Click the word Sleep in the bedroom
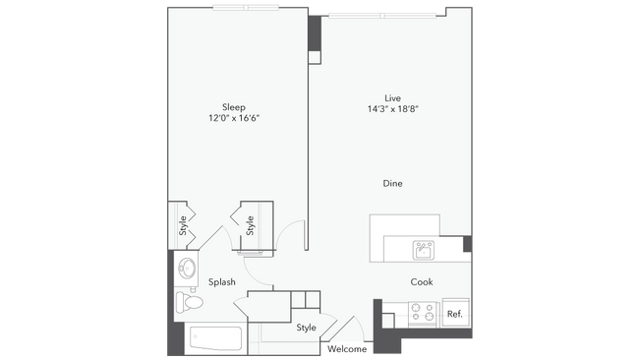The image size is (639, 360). coord(233,106)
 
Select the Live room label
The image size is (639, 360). coord(392,97)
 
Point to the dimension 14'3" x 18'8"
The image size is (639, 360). coord(392,109)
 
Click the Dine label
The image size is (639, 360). coord(392,184)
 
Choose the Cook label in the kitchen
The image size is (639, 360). coord(423,282)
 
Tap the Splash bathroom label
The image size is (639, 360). coord(221,282)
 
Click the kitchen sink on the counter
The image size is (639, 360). coord(424,249)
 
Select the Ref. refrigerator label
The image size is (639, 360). coord(454,314)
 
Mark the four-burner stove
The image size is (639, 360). coord(422,314)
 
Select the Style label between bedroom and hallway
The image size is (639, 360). coord(251,225)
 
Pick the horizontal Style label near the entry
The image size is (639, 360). coord(306,328)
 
